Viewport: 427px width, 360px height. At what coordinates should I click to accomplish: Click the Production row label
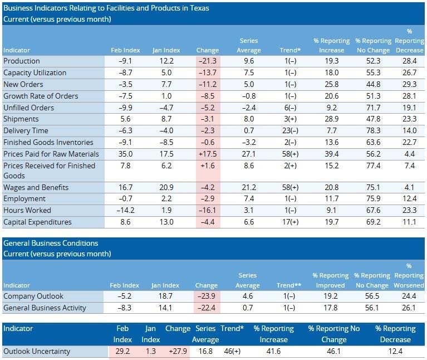pyautogui.click(x=22, y=61)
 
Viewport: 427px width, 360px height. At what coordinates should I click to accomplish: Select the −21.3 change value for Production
pyautogui.click(x=208, y=61)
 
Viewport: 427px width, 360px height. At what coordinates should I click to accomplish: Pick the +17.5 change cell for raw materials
pyautogui.click(x=208, y=154)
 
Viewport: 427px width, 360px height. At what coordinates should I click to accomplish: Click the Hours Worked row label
pyautogui.click(x=27, y=211)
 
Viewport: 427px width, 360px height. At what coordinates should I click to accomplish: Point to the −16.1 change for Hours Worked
pyautogui.click(x=208, y=211)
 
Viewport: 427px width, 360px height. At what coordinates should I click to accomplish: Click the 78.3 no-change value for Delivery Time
pyautogui.click(x=370, y=131)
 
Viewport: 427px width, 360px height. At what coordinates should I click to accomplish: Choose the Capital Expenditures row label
pyautogui.click(x=37, y=222)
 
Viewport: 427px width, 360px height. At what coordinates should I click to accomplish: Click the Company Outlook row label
pyautogui.click(x=33, y=296)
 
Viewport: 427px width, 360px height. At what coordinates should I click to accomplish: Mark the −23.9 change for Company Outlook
pyautogui.click(x=208, y=296)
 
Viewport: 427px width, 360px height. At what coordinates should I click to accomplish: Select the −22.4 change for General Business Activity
pyautogui.click(x=208, y=308)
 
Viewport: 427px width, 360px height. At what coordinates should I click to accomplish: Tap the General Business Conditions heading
pyautogui.click(x=51, y=244)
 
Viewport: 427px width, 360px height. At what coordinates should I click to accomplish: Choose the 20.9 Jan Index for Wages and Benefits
pyautogui.click(x=165, y=188)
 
